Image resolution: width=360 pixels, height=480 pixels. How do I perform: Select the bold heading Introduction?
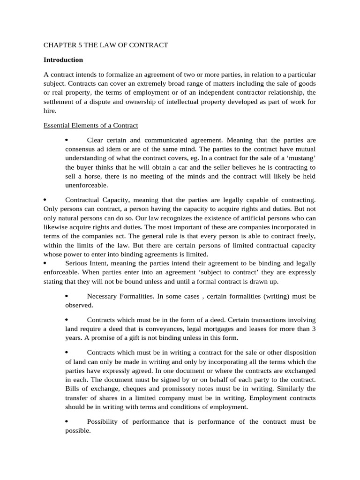(x=63, y=60)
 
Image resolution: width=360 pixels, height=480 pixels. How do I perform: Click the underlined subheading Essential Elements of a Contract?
(x=90, y=126)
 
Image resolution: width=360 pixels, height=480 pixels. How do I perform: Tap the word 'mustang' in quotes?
(x=299, y=158)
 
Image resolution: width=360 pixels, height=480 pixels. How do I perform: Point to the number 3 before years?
(x=314, y=329)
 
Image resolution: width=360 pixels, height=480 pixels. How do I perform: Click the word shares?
(x=103, y=398)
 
